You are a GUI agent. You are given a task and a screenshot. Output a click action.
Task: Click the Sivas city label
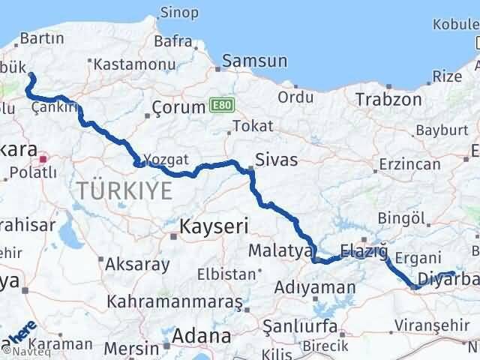click(276, 160)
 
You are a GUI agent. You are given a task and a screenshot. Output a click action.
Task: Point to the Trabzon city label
click(385, 99)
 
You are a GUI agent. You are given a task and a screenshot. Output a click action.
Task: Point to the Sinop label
click(180, 13)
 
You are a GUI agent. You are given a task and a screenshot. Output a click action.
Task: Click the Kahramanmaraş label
click(175, 301)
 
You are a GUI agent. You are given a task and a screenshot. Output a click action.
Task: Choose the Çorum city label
click(178, 107)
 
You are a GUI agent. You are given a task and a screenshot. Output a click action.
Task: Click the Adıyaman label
click(325, 287)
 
